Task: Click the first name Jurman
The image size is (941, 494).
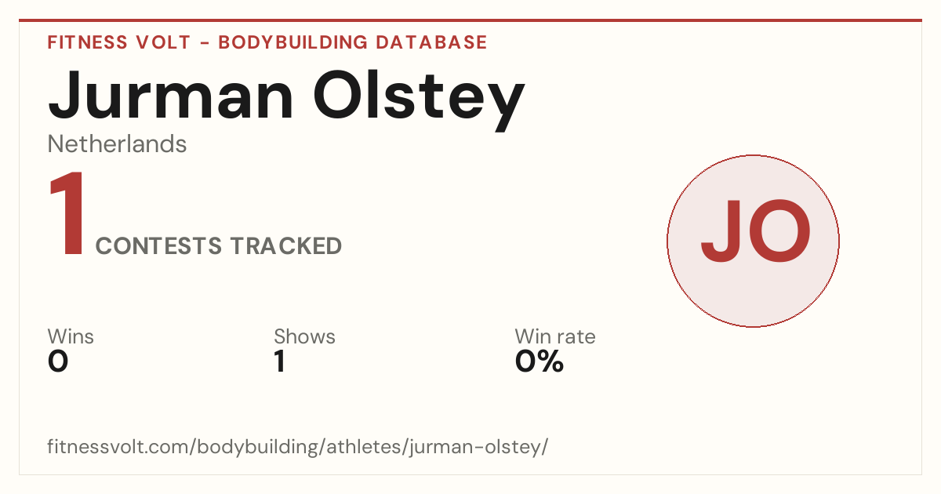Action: coord(170,96)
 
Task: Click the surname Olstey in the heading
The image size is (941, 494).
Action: coord(419,101)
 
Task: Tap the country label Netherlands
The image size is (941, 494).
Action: coord(117,144)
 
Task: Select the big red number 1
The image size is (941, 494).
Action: coord(67,213)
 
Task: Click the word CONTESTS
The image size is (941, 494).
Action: coord(158,246)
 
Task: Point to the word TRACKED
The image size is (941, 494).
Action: coord(286,246)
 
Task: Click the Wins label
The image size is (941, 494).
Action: coord(71,336)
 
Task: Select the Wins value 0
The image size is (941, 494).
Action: coord(58,361)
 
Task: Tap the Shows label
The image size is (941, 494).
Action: coord(304,336)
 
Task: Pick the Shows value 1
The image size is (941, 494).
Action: coord(280,361)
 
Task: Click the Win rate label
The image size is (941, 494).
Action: coord(555,336)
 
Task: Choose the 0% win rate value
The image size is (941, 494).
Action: coord(540,361)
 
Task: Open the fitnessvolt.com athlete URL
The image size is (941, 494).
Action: coord(298,446)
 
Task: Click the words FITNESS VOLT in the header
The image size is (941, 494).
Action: coord(119,42)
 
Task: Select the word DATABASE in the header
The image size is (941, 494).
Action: coord(431,42)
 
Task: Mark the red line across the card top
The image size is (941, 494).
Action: coord(470,20)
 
